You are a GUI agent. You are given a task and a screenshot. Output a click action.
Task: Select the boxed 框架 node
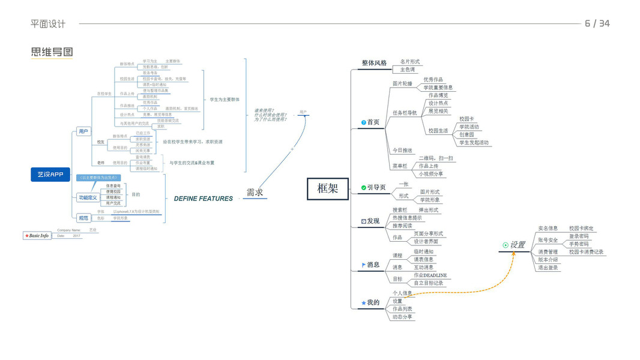328,188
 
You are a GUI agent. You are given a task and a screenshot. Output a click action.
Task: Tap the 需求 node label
255,193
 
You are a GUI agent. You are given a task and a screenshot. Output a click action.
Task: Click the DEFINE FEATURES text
203,199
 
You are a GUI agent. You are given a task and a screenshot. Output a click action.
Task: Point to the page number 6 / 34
597,23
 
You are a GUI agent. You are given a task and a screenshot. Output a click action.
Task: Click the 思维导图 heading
52,52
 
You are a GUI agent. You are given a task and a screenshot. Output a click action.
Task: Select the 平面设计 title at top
48,24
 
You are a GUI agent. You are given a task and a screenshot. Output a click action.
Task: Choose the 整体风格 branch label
374,63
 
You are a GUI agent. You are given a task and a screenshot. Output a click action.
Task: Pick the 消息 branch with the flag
373,265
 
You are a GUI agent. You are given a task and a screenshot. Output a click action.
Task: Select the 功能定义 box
88,197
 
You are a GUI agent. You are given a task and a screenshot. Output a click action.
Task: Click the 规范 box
83,218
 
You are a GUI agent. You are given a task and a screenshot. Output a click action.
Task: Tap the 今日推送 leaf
402,150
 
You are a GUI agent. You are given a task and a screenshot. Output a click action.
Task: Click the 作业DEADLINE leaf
430,275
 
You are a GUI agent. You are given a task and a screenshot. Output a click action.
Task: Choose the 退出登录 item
548,268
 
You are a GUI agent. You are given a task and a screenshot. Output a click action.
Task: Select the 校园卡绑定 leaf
581,229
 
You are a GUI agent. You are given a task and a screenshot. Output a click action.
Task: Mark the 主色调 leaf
408,70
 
